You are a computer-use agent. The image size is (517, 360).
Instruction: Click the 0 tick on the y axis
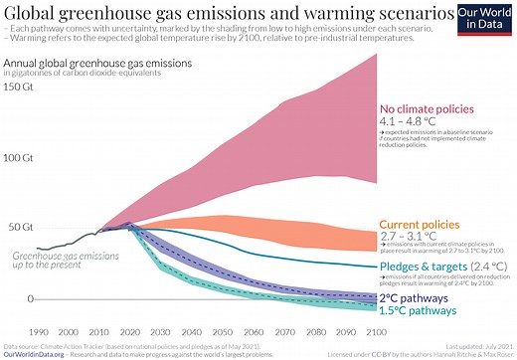tap(29, 299)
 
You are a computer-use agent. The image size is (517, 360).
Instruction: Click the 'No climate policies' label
tap(430, 108)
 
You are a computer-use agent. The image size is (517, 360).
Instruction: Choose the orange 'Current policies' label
tap(421, 225)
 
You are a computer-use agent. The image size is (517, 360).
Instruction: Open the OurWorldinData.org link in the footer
tap(36, 353)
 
